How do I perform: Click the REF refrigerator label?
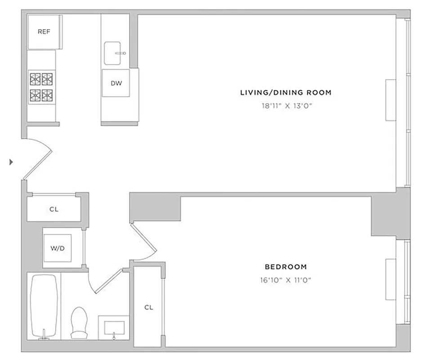pos(44,32)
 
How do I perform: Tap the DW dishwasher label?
pos(116,83)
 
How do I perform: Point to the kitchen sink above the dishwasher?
pos(115,54)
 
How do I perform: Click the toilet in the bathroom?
pos(80,322)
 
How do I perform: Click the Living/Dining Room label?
pos(286,93)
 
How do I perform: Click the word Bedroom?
pos(286,266)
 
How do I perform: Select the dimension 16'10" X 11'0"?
pos(286,280)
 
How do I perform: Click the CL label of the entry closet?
pos(54,210)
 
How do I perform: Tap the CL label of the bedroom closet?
pos(149,308)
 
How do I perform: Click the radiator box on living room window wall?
pos(391,100)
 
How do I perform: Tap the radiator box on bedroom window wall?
pos(391,279)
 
